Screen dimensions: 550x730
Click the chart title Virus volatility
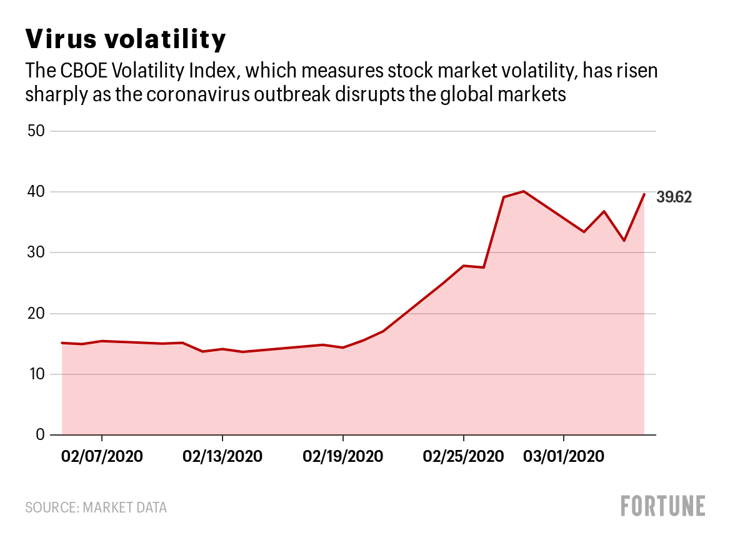point(125,39)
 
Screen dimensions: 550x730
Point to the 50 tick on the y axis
point(36,131)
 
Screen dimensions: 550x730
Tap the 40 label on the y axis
point(36,192)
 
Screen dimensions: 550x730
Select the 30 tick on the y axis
point(36,252)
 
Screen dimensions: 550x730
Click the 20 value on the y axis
point(36,314)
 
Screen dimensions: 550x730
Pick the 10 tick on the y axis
point(36,374)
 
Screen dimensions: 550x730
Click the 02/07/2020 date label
point(102,456)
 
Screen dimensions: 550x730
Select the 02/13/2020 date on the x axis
point(222,456)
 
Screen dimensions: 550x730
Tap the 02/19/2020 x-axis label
point(343,456)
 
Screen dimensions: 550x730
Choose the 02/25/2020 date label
point(463,456)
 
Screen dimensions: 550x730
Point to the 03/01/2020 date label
point(564,456)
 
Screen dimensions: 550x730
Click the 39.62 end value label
point(674,198)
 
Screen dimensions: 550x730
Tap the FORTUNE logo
point(663,506)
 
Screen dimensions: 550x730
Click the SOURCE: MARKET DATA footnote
point(96,507)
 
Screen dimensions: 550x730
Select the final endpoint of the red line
point(644,194)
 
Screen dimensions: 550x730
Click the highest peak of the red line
point(524,191)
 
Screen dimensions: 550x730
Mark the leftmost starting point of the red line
point(62,342)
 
